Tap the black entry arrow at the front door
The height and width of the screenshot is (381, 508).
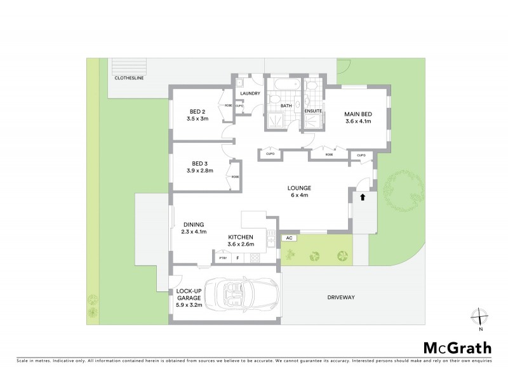[363, 197]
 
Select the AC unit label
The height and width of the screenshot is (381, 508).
[289, 237]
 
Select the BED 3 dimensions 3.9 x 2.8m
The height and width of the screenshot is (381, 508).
[200, 171]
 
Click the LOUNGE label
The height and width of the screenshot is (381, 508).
[297, 187]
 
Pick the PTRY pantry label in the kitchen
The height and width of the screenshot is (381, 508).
[222, 258]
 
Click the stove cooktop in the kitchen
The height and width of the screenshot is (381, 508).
[255, 258]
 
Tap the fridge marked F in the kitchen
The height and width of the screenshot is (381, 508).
[237, 258]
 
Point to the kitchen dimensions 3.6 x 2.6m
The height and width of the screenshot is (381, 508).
[241, 244]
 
